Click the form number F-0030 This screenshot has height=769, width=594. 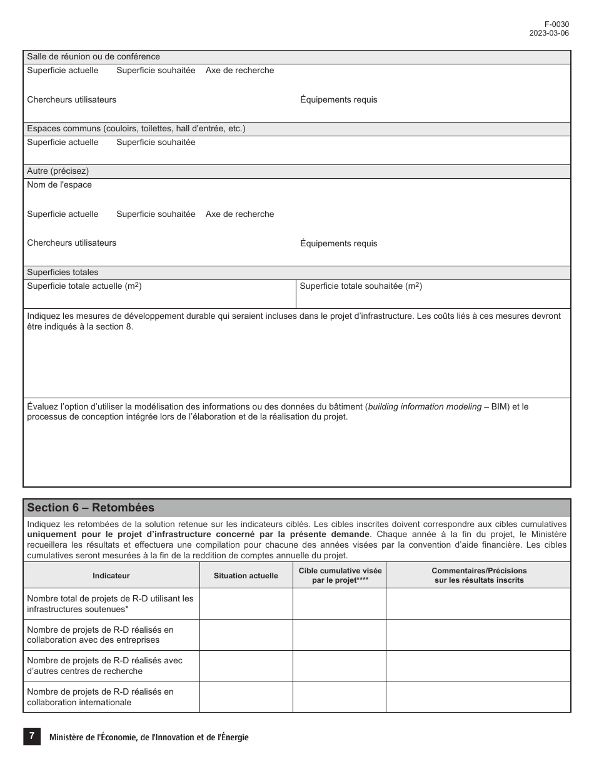point(556,24)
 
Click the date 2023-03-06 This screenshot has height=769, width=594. point(549,33)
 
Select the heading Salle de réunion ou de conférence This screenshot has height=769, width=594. point(93,57)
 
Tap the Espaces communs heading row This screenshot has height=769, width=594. point(136,129)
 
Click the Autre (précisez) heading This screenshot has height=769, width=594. point(58,171)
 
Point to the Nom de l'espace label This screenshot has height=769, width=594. point(59,185)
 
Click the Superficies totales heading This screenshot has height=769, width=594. point(63,273)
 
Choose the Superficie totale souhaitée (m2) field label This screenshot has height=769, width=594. point(361,286)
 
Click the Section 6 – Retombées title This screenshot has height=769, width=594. point(91,508)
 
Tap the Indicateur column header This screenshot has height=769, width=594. point(111,576)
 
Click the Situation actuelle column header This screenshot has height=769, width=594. point(246,576)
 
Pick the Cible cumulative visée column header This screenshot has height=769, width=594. point(340,575)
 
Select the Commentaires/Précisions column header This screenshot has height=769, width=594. point(479,575)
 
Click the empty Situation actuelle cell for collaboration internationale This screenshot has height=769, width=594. point(246,697)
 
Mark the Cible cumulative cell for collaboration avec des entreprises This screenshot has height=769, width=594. point(340,635)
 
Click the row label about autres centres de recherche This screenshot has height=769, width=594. point(104,666)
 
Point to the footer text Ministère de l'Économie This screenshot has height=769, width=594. point(149,738)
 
